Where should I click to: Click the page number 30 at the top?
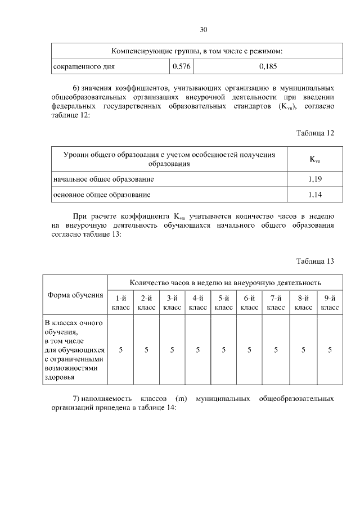click(204, 30)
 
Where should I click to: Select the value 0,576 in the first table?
click(181, 66)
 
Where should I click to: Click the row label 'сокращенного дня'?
click(84, 66)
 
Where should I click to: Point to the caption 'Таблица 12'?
click(315, 133)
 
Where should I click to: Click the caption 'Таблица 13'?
click(315, 261)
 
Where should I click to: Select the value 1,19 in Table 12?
click(314, 179)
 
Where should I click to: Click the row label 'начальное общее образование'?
click(103, 179)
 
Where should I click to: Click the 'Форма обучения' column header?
click(75, 295)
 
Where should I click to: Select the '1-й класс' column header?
click(121, 303)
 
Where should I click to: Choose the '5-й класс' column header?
click(224, 303)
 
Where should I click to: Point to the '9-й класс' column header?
click(330, 303)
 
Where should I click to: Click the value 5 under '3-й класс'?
click(172, 350)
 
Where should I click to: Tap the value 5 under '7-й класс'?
click(276, 350)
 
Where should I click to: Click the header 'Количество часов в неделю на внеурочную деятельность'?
click(225, 282)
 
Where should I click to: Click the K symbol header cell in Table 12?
click(314, 159)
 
